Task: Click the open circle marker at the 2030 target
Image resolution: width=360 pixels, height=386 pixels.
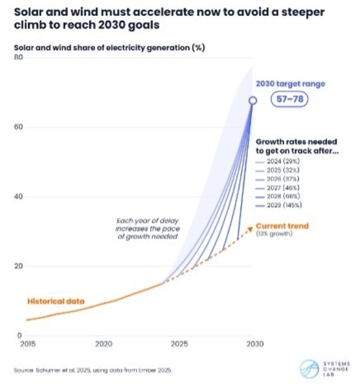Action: coord(253,101)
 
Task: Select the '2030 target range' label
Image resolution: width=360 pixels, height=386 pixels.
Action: coord(290,84)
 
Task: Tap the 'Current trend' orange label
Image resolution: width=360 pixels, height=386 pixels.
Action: coord(282,226)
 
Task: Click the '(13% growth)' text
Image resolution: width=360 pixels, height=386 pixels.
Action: coord(274,234)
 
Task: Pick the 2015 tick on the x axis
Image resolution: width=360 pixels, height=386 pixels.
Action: coord(26,345)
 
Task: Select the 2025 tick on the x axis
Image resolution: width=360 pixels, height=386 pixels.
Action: coord(178,345)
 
